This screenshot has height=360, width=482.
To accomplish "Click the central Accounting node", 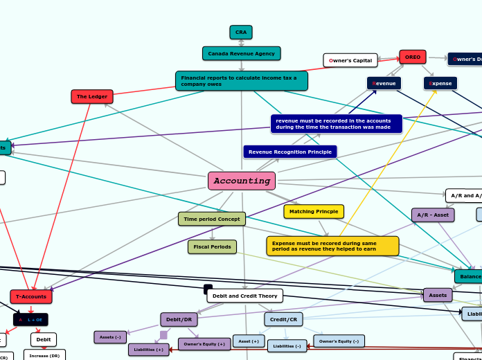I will tap(242, 181).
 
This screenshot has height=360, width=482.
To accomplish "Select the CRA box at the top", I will tap(241, 33).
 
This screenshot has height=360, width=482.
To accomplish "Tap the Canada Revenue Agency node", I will tap(242, 53).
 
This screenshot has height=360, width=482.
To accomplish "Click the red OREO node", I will tap(413, 57).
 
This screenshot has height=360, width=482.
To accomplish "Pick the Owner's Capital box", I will tap(350, 60).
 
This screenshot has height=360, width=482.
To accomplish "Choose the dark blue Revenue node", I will tap(384, 83).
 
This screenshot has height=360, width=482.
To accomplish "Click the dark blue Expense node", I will tap(440, 83).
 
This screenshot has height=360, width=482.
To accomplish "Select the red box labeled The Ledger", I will tap(92, 96).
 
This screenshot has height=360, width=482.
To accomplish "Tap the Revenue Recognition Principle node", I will tap(290, 152).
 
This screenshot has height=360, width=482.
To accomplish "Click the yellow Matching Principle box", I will tap(314, 211).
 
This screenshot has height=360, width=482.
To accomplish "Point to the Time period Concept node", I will tap(212, 219).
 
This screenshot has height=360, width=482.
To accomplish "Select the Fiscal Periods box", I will tap(212, 246).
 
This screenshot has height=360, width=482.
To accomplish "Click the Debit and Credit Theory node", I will tap(244, 296).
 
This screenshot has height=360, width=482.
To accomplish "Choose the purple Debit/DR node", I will tap(179, 319).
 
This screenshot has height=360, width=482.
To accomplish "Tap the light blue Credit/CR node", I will tap(283, 319).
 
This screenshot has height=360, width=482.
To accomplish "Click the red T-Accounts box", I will tap(31, 296).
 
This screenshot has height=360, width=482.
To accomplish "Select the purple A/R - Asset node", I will tap(433, 215).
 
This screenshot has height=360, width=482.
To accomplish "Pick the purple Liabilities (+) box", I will tap(148, 350).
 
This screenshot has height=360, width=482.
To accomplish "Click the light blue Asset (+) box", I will tap(249, 341).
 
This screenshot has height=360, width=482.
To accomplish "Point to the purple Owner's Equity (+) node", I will tap(204, 344).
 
